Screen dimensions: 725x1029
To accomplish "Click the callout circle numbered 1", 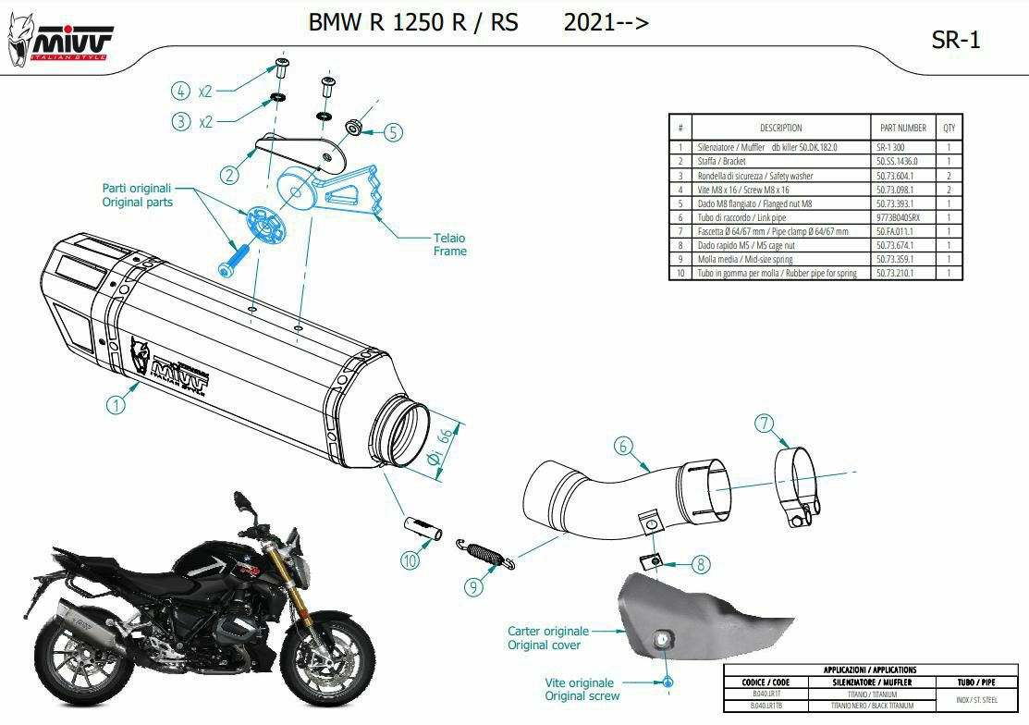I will [x=116, y=404].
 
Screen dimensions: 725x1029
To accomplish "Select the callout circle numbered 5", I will [x=394, y=132].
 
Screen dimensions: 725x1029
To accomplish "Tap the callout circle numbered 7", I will [x=764, y=424].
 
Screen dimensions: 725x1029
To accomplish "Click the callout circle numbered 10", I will [x=410, y=559].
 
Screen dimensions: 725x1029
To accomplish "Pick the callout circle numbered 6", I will [x=624, y=447].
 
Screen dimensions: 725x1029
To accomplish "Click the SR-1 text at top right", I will [x=957, y=39].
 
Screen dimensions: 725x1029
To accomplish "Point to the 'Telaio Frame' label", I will [x=450, y=244].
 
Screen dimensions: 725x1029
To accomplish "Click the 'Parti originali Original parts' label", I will [x=137, y=194].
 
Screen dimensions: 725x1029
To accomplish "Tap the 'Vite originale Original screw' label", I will [x=582, y=689].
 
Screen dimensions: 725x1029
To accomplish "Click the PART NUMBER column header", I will [x=900, y=128].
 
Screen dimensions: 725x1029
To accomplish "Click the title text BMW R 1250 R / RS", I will [x=413, y=22].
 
